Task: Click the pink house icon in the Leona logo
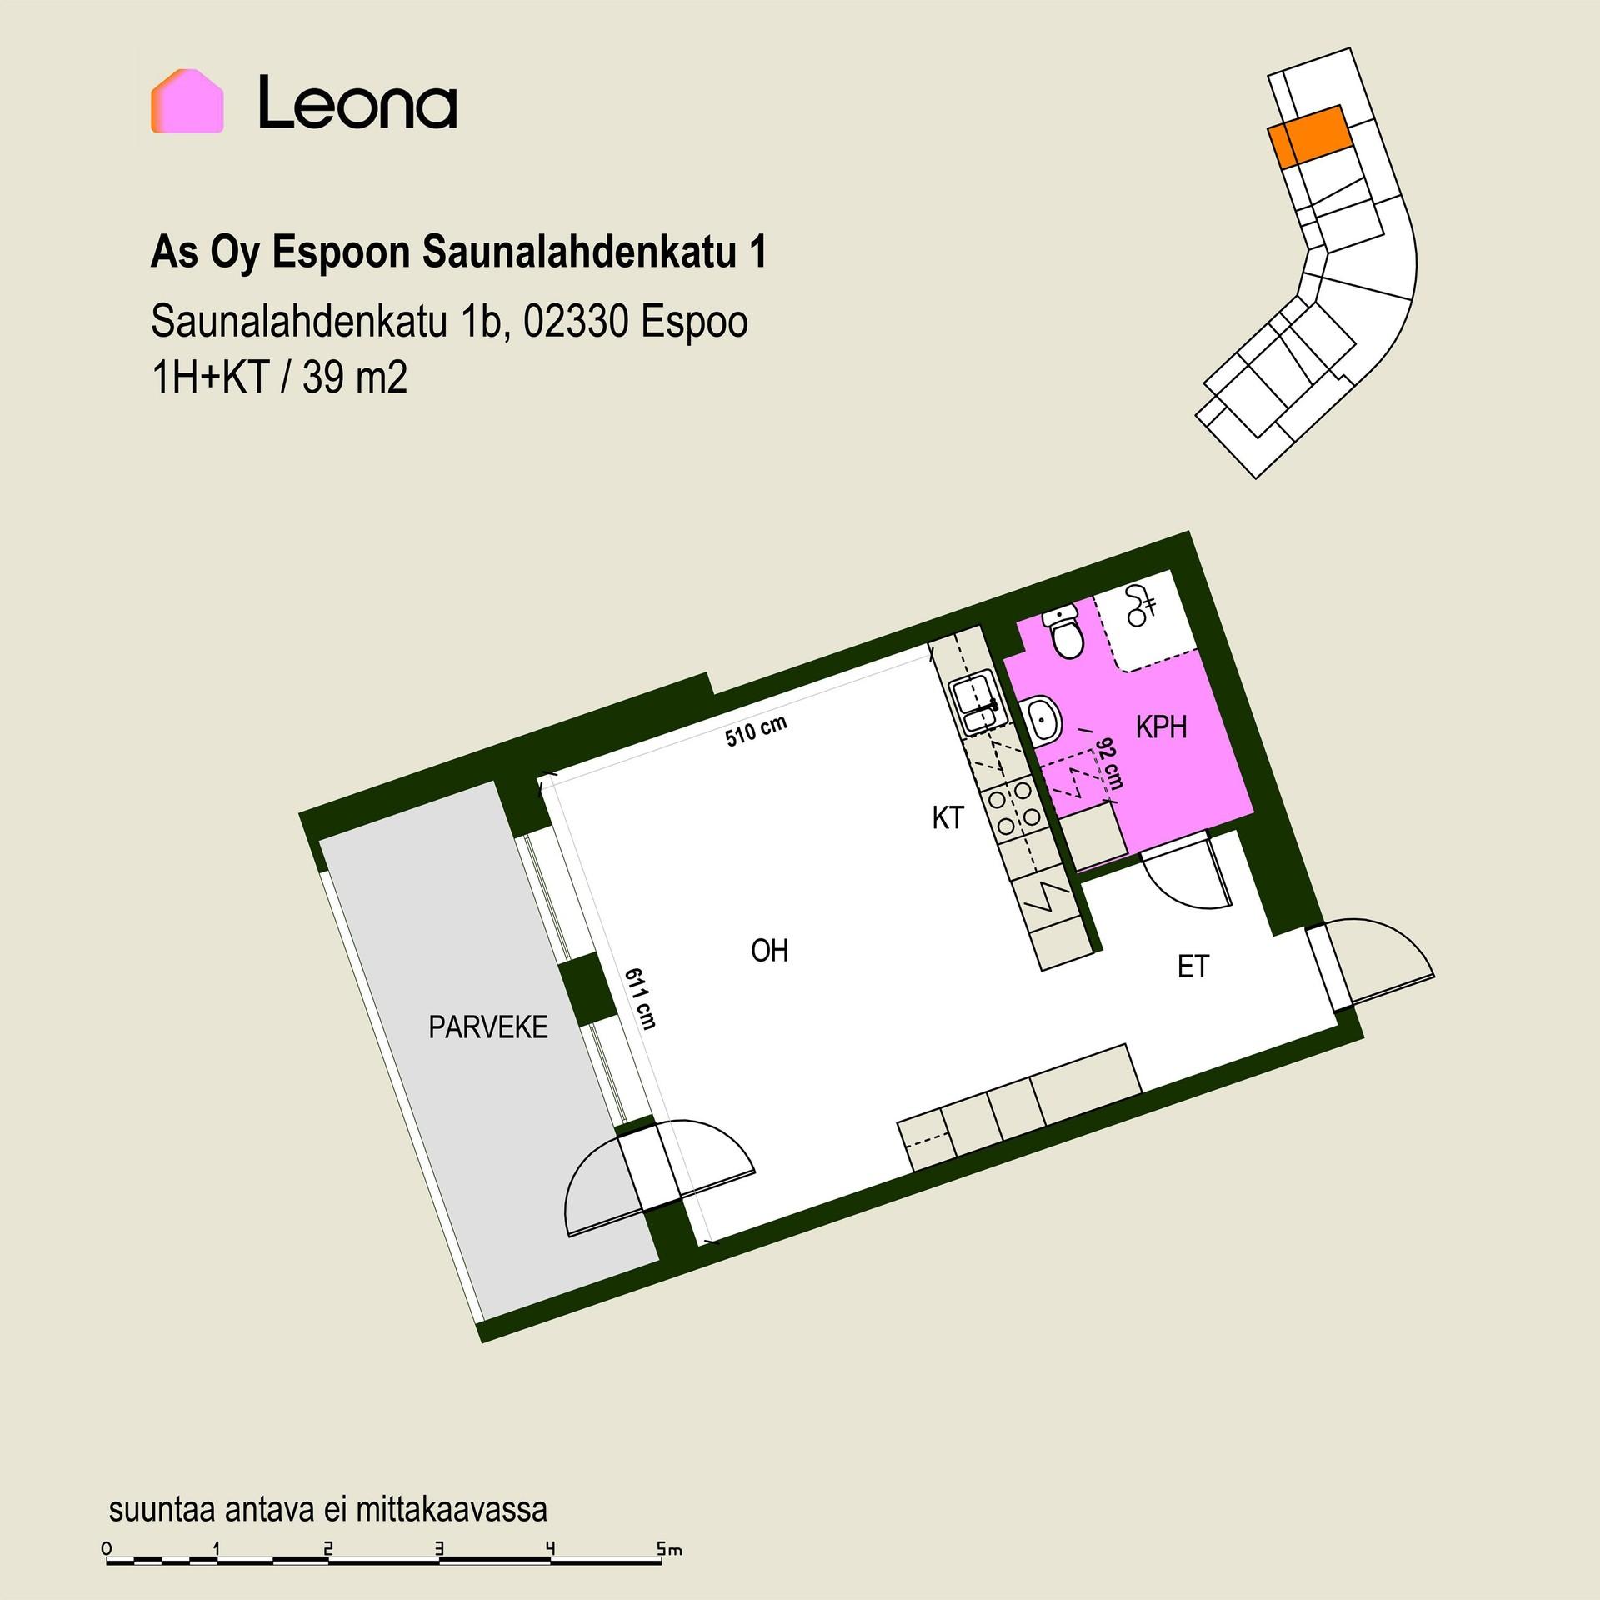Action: pyautogui.click(x=187, y=101)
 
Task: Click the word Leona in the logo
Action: pyautogui.click(x=357, y=102)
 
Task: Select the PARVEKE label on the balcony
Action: pyautogui.click(x=488, y=1027)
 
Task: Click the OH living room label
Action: pyautogui.click(x=769, y=951)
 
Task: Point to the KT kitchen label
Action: pyautogui.click(x=947, y=818)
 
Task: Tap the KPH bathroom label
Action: pyautogui.click(x=1161, y=727)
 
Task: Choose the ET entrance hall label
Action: pyautogui.click(x=1192, y=967)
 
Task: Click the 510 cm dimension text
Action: pyautogui.click(x=756, y=732)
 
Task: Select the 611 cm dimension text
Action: pyautogui.click(x=641, y=997)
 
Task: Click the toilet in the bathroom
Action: pyautogui.click(x=1064, y=632)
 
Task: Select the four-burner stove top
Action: pyautogui.click(x=1012, y=806)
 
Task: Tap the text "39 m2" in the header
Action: pyautogui.click(x=355, y=378)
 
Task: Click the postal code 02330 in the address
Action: pyautogui.click(x=575, y=322)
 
